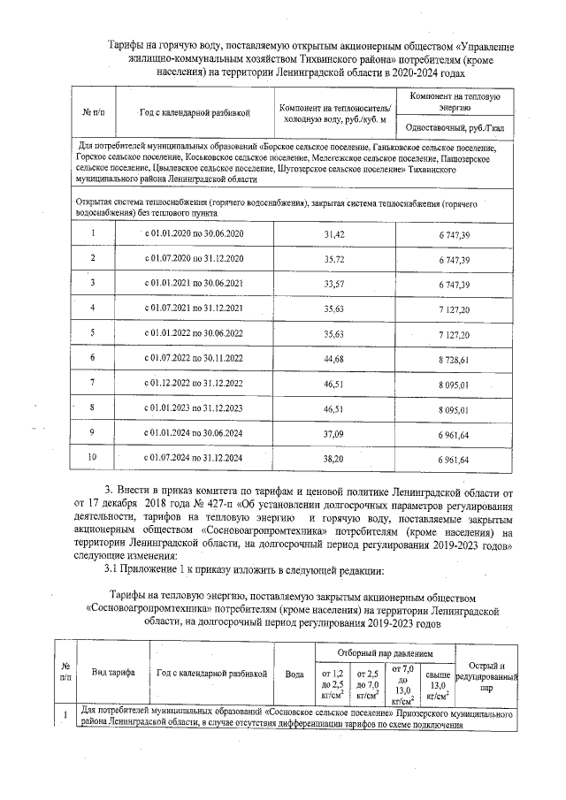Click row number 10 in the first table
point(93,458)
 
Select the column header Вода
point(294,674)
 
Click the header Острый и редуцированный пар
point(485,674)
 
